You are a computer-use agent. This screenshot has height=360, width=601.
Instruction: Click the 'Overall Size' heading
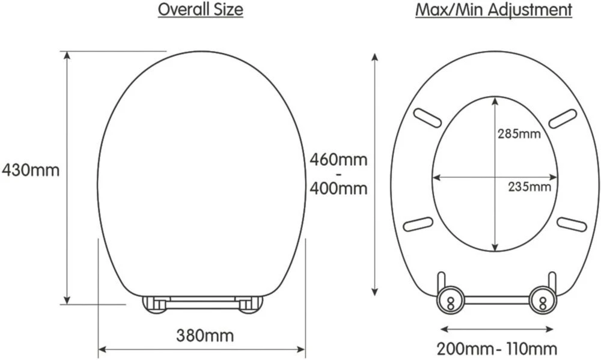point(200,10)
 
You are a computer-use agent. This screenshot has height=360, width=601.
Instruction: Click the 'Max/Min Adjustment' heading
point(493,10)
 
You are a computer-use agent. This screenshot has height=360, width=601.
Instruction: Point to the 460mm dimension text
point(338,160)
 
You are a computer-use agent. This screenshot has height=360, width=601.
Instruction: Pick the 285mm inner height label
point(519,133)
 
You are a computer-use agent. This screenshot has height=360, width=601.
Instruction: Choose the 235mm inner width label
point(528,186)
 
